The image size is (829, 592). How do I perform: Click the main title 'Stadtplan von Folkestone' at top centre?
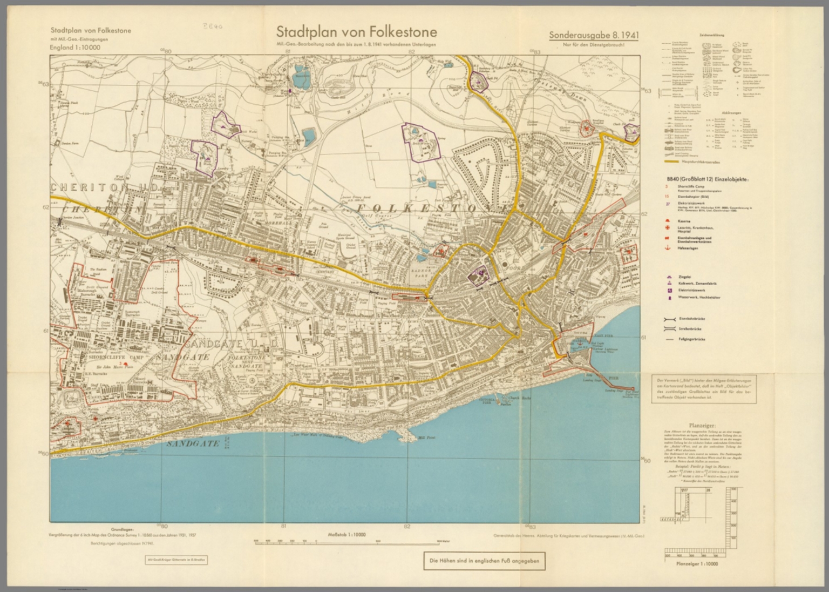[356, 31]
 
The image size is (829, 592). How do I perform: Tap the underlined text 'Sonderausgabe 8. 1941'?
[594, 35]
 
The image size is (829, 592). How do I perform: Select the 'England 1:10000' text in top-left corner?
[75, 48]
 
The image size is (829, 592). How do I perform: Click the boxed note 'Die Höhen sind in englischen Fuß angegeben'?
[484, 561]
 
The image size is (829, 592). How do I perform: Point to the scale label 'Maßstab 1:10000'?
[346, 535]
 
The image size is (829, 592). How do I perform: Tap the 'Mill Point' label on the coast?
[426, 439]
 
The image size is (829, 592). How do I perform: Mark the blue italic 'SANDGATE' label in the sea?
[193, 443]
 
